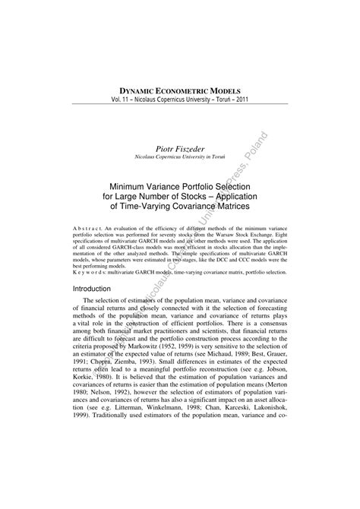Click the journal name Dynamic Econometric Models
click(181, 89)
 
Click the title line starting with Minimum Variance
click(180, 185)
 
